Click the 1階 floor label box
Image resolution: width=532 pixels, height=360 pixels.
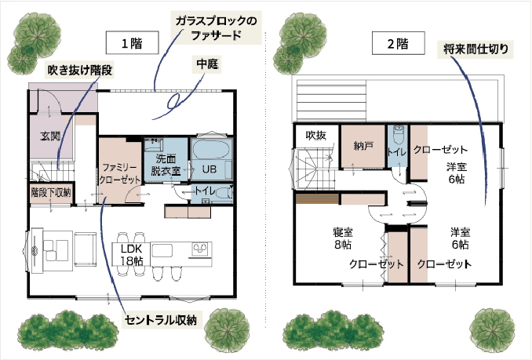132,42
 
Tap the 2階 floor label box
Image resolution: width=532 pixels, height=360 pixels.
399,43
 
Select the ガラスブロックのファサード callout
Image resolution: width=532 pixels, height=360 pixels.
216,27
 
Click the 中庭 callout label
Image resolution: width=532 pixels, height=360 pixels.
207,64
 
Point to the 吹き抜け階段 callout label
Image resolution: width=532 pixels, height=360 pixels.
80,70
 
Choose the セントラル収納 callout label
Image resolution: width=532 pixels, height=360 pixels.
161,320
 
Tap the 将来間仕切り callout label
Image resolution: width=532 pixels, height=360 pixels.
476,49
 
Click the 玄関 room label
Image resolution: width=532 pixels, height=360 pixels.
50,136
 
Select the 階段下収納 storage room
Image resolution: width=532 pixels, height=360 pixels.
51,193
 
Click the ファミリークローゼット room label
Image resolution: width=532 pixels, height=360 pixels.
120,173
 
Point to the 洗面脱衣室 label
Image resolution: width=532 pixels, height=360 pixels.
166,165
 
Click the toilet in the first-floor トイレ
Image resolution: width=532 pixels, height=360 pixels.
224,193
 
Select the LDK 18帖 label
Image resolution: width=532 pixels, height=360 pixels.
132,255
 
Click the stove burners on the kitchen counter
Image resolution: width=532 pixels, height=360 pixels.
200,249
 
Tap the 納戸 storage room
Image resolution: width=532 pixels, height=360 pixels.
363,146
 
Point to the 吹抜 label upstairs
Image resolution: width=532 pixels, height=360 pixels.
316,135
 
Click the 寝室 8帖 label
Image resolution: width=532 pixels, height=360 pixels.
343,238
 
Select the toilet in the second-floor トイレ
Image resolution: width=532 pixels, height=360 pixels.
399,134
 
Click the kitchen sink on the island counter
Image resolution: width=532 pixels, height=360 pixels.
162,251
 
